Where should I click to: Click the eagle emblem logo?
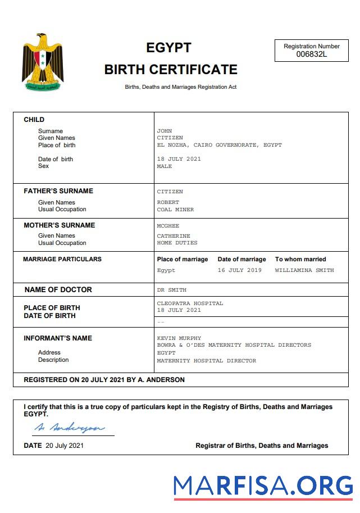click(x=43, y=63)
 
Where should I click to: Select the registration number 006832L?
click(x=311, y=55)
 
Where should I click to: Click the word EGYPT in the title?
click(x=168, y=48)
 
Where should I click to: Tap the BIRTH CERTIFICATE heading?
click(x=171, y=70)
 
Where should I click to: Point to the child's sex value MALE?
click(x=165, y=166)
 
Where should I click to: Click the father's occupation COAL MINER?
click(x=175, y=210)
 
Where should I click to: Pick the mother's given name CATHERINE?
click(x=174, y=236)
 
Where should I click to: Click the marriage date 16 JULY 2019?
click(x=240, y=270)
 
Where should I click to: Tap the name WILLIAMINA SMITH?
click(x=304, y=270)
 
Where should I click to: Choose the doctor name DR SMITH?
click(x=171, y=290)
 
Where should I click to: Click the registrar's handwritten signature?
click(x=69, y=428)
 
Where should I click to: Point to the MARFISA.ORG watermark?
click(x=263, y=485)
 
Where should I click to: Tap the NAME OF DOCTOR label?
click(x=58, y=290)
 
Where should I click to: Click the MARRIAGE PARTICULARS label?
click(x=62, y=259)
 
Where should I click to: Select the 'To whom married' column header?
click(x=300, y=259)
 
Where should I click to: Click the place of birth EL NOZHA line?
click(x=219, y=145)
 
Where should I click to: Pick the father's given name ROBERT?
click(x=168, y=202)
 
